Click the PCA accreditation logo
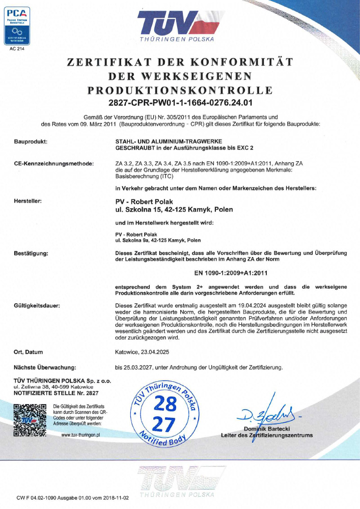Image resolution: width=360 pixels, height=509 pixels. click(x=17, y=25)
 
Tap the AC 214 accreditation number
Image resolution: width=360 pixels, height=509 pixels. click(x=17, y=49)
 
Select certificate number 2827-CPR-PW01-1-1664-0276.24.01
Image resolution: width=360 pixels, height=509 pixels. click(x=180, y=102)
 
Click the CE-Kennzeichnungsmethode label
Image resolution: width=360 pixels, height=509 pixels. click(x=53, y=163)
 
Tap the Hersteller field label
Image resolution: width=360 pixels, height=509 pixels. click(x=28, y=202)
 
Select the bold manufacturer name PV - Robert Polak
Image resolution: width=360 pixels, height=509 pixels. click(x=145, y=202)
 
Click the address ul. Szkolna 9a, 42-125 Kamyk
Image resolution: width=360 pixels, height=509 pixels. click(x=158, y=240)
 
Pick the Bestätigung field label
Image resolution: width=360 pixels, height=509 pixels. click(x=31, y=253)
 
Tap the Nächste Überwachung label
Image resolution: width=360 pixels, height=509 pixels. click(x=45, y=367)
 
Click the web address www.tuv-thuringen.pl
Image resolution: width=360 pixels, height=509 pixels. click(x=80, y=435)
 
